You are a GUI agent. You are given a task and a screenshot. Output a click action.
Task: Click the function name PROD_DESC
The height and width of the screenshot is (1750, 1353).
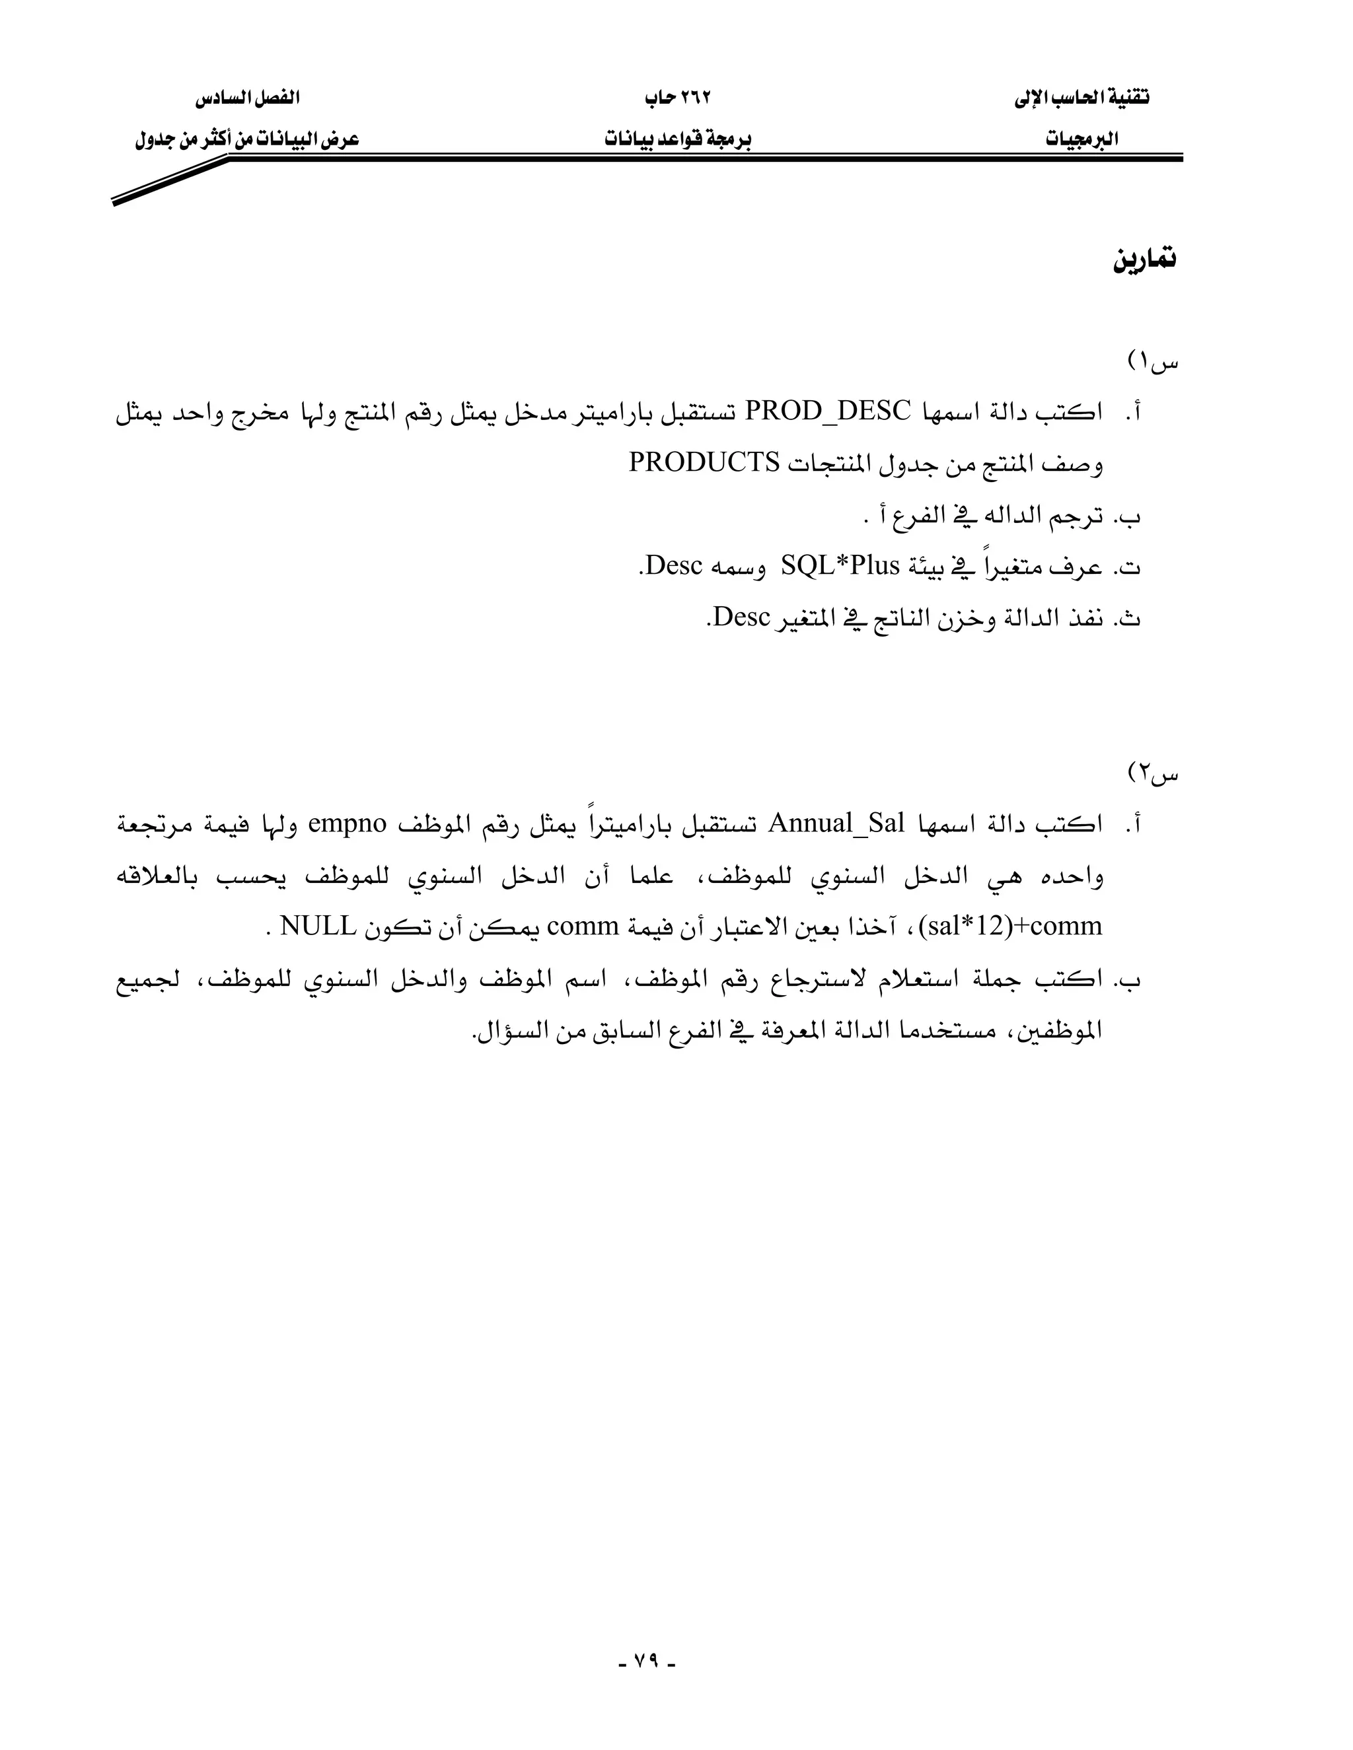click(x=829, y=412)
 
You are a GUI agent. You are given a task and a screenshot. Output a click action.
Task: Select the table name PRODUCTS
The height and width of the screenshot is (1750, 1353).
click(x=704, y=463)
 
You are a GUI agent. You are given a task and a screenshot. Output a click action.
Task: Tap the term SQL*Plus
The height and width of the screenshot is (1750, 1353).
click(x=840, y=567)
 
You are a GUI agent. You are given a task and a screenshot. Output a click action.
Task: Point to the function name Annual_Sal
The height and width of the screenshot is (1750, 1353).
click(x=836, y=823)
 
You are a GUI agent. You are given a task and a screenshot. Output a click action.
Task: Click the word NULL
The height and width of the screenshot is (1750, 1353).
click(x=318, y=927)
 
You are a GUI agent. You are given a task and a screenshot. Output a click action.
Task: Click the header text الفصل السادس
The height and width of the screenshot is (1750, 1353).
click(x=247, y=98)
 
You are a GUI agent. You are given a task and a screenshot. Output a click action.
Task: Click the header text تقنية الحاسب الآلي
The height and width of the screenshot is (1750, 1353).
click(x=1082, y=98)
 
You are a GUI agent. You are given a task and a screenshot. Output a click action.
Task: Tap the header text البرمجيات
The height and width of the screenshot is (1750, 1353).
click(x=1082, y=139)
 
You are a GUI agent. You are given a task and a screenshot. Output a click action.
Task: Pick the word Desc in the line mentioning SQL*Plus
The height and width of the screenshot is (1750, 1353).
click(x=673, y=567)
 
